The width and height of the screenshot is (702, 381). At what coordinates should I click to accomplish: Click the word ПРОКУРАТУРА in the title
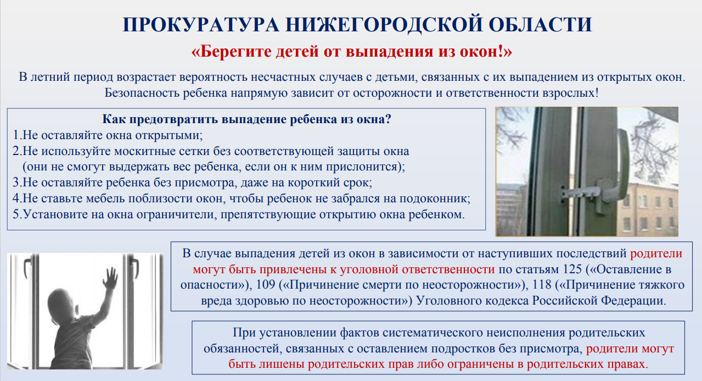tap(200, 25)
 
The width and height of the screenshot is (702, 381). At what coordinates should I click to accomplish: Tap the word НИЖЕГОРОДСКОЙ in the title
tap(384, 25)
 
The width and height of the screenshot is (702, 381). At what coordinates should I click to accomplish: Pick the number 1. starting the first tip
tap(17, 135)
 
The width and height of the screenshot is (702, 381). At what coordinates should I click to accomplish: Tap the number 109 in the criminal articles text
tap(266, 285)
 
